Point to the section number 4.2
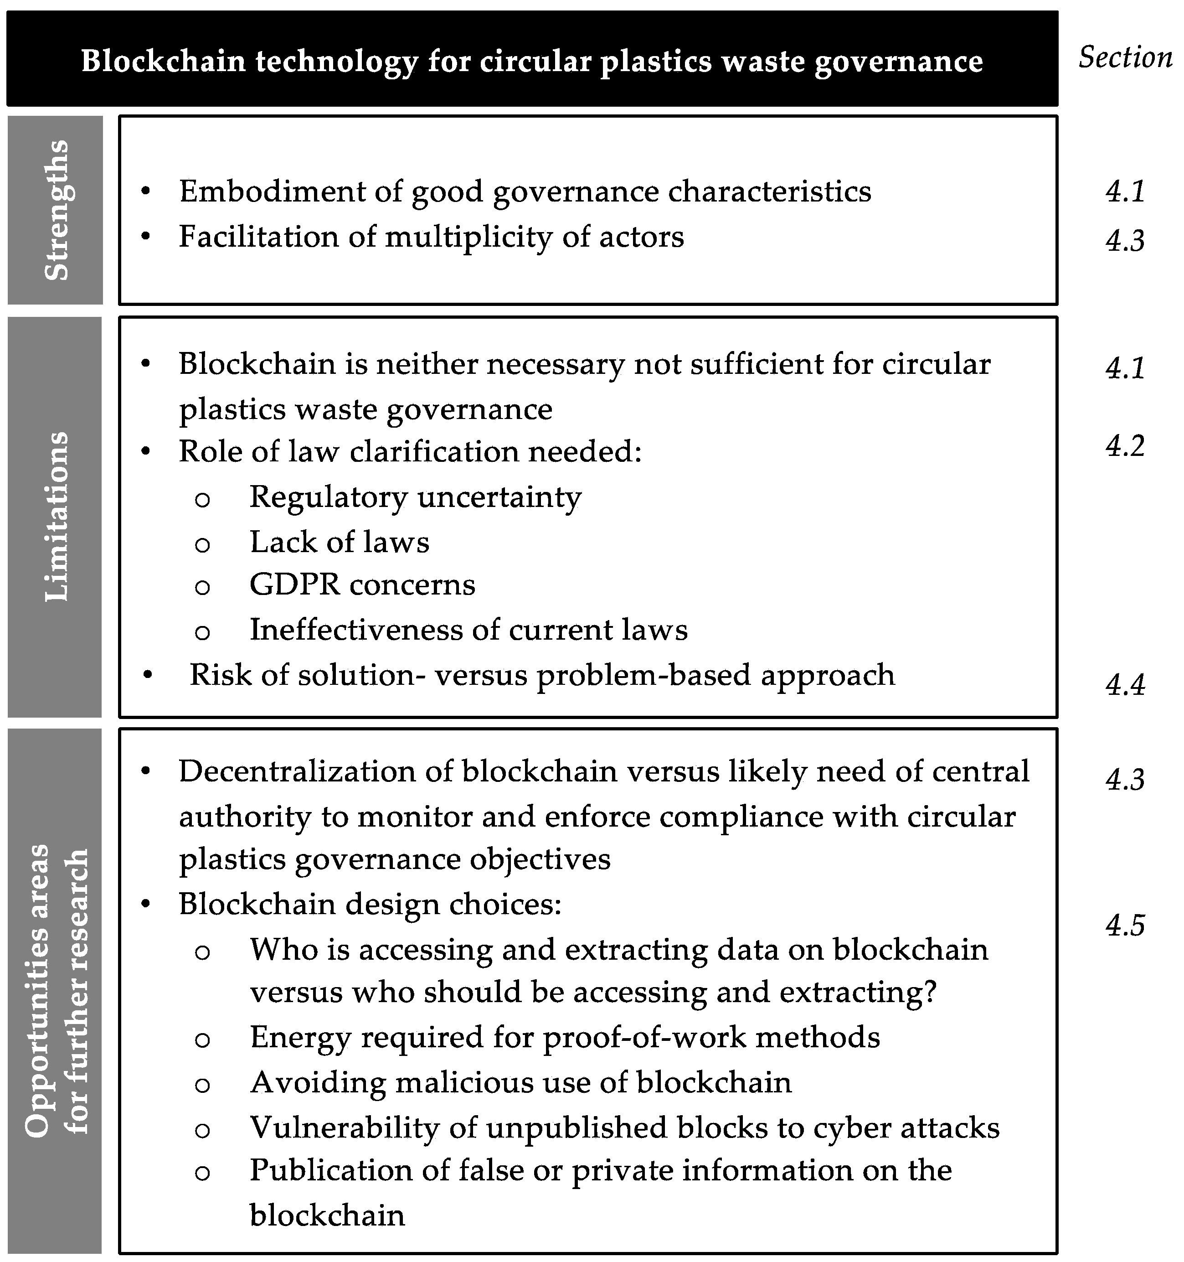tap(1125, 446)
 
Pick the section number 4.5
tap(1125, 926)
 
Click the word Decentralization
tap(315, 772)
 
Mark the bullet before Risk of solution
tap(147, 675)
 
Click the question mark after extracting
tap(930, 992)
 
